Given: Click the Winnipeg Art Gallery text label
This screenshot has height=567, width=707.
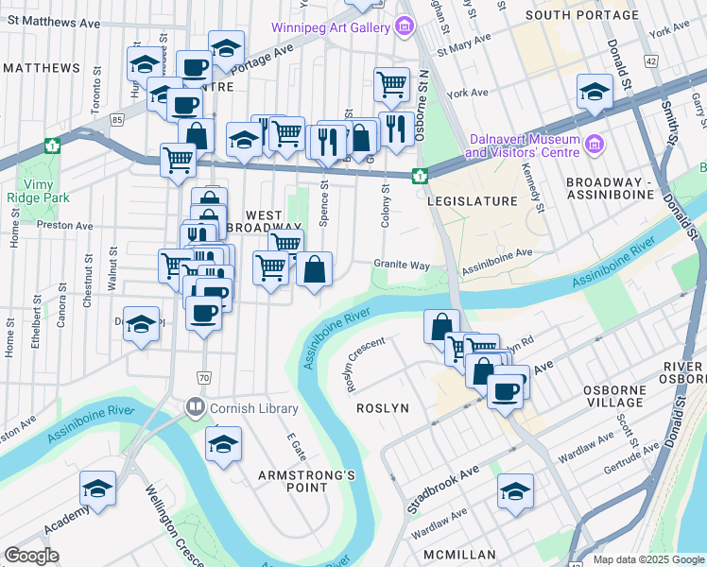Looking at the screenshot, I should [x=330, y=27].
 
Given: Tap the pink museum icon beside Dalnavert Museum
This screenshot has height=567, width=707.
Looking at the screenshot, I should [x=595, y=144].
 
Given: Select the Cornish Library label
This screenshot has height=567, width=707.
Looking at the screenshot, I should [x=253, y=408].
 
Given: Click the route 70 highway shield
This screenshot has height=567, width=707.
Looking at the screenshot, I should [x=204, y=378].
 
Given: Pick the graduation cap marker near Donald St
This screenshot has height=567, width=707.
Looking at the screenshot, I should [x=593, y=93].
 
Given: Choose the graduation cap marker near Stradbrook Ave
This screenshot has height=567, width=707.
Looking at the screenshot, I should [x=515, y=491].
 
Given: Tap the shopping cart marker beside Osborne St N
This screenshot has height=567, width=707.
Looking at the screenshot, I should [x=391, y=86].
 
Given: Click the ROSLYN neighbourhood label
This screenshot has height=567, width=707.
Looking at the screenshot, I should [x=380, y=407].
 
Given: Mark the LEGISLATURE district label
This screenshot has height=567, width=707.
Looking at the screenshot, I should [x=472, y=201].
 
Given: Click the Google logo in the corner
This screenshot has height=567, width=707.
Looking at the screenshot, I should [x=31, y=556].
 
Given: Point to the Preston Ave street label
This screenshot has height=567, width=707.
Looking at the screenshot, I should [x=64, y=226].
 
